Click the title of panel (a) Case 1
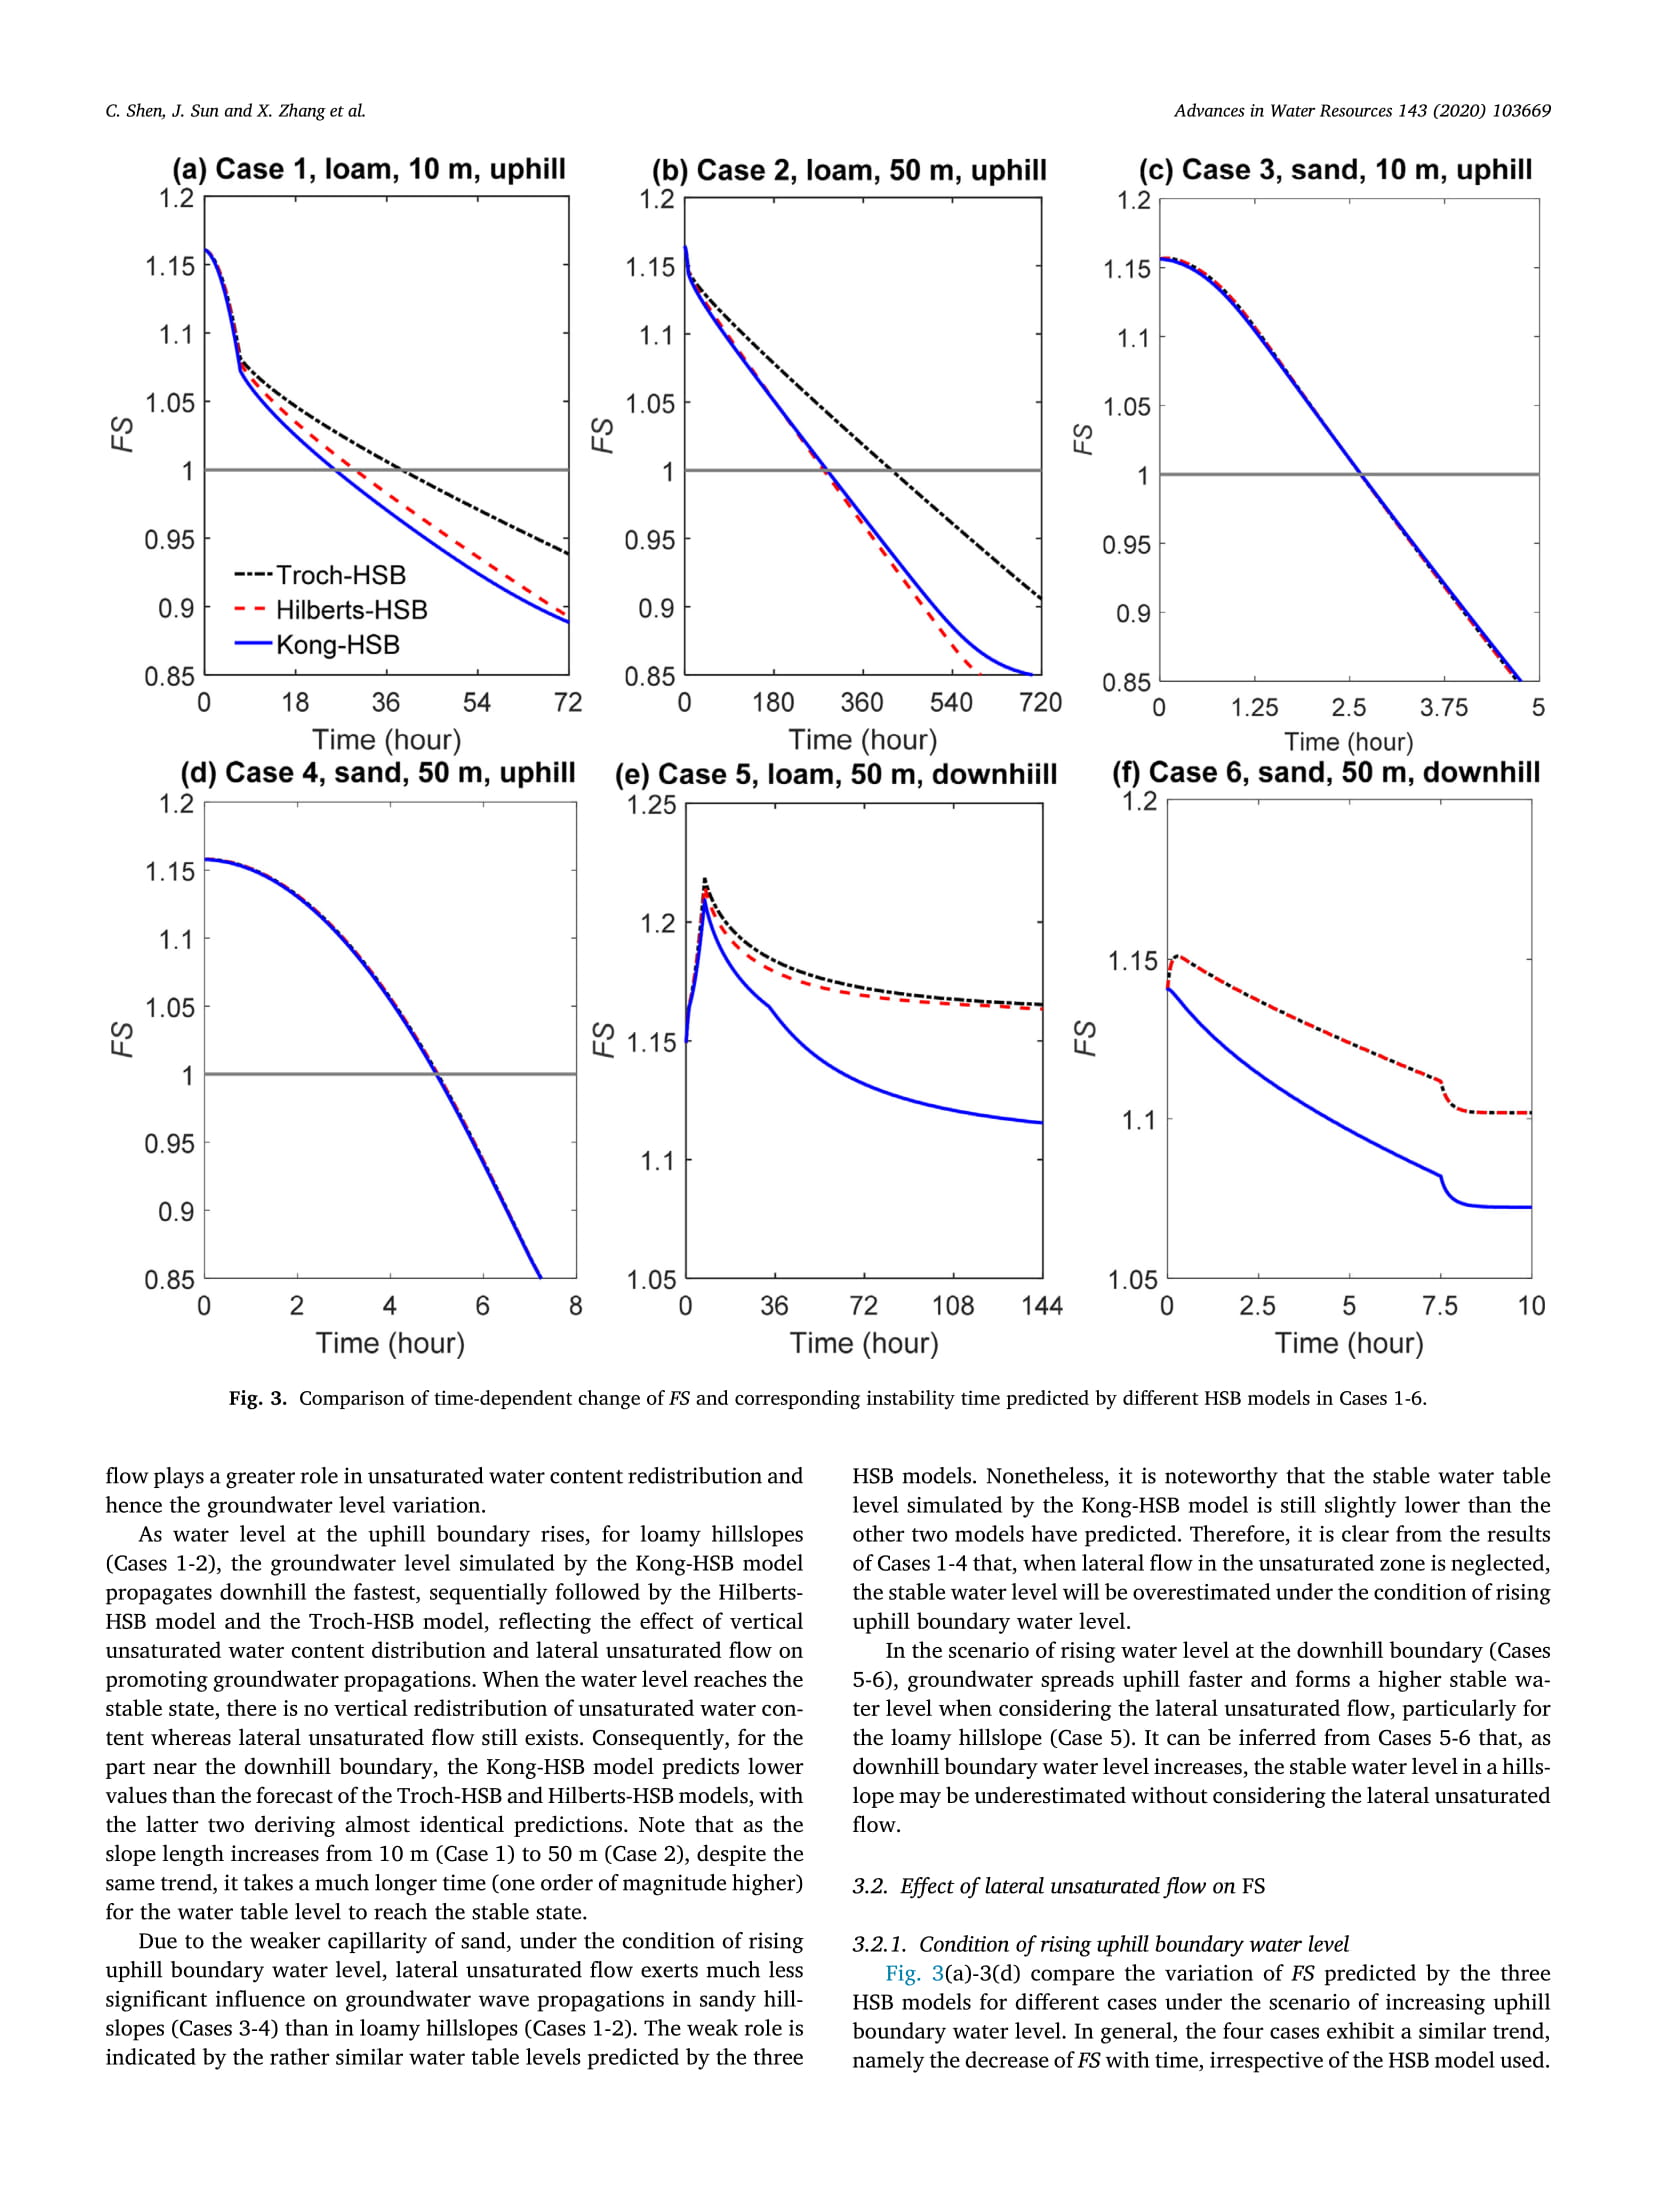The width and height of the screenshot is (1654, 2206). tap(369, 169)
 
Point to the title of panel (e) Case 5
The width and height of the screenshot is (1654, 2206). tap(835, 775)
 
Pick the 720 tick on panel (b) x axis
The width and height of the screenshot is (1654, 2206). tap(1040, 703)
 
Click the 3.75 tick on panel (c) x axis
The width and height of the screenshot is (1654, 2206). tap(1443, 708)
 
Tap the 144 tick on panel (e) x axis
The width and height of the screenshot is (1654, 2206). tap(1041, 1306)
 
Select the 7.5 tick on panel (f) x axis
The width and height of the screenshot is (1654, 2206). tap(1439, 1306)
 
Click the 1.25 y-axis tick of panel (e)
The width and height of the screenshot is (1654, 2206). tap(651, 805)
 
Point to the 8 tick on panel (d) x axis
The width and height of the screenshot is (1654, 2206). tap(575, 1306)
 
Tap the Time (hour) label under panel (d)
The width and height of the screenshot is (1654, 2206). tap(390, 1343)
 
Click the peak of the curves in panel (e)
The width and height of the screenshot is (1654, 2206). tap(705, 880)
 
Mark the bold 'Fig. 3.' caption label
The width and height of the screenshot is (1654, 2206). tap(258, 1398)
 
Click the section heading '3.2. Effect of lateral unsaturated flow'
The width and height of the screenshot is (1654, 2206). tap(1058, 1886)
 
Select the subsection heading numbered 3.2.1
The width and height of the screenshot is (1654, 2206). tap(1100, 1944)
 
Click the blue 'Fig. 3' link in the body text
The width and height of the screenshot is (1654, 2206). tap(914, 1973)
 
